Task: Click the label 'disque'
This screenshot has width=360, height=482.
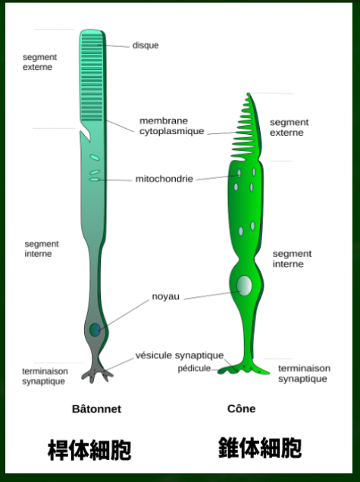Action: [x=146, y=45]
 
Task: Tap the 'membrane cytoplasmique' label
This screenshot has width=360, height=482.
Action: [x=171, y=126]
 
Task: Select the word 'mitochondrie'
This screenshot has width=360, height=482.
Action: [x=164, y=179]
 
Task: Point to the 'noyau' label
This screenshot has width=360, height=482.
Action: [x=165, y=296]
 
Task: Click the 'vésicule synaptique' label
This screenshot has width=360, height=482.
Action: [x=180, y=355]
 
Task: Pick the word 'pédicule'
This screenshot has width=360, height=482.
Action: [x=194, y=368]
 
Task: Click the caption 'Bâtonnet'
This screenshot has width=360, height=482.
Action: [x=96, y=408]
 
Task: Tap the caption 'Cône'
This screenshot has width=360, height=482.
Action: [x=241, y=408]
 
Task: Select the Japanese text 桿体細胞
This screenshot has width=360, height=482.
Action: [x=89, y=450]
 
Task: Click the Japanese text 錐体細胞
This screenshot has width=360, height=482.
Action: [x=260, y=448]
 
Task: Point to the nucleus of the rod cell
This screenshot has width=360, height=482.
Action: [x=95, y=330]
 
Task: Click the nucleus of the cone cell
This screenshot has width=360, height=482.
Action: [x=244, y=286]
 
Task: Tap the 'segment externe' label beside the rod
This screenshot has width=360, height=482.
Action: [x=39, y=62]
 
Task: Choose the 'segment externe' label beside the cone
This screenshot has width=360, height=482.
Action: [x=289, y=127]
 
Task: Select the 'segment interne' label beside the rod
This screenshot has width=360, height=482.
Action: [x=42, y=249]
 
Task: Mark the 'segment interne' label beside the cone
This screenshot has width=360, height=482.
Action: [x=292, y=259]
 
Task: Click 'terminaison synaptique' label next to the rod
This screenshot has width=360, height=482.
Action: [x=45, y=376]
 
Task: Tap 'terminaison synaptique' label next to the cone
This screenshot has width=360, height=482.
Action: [x=304, y=373]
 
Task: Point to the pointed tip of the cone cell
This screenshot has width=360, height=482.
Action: [x=249, y=93]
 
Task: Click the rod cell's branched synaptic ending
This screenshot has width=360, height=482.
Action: [x=96, y=374]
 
